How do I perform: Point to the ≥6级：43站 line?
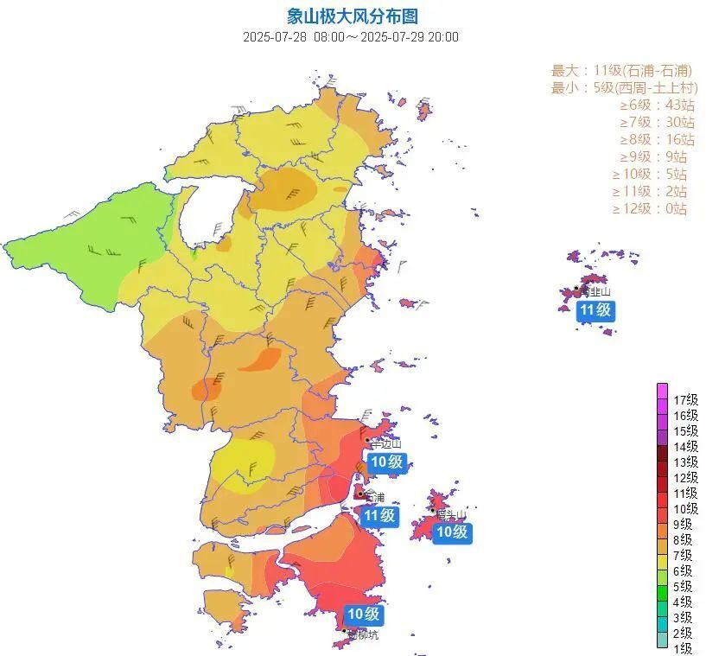pyautogui.click(x=657, y=105)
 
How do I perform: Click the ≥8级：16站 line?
pyautogui.click(x=657, y=139)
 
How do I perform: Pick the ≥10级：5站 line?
pyautogui.click(x=650, y=174)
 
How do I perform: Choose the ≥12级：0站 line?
pyautogui.click(x=650, y=208)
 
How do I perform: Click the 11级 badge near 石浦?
pyautogui.click(x=379, y=516)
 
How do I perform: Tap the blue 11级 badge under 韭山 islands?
pyautogui.click(x=596, y=310)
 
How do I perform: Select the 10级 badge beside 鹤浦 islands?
pyautogui.click(x=451, y=532)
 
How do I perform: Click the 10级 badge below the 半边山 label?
pyautogui.click(x=385, y=462)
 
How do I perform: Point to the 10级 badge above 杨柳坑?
pyautogui.click(x=363, y=615)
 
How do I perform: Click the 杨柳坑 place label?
pyautogui.click(x=363, y=634)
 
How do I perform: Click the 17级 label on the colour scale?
pyautogui.click(x=685, y=399)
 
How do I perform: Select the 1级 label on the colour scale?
pyautogui.click(x=684, y=648)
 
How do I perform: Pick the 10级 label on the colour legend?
pyautogui.click(x=685, y=508)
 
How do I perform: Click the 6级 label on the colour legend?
pyautogui.click(x=684, y=570)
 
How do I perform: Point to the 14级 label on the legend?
pyautogui.click(x=685, y=446)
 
